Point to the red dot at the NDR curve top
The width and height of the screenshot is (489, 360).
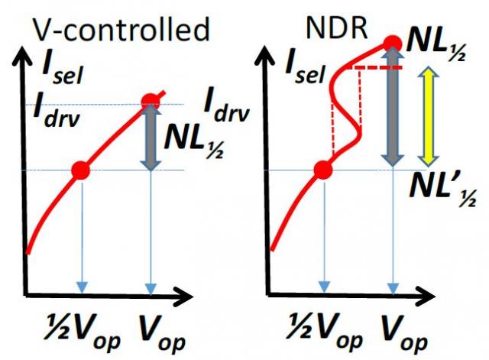[x=393, y=43]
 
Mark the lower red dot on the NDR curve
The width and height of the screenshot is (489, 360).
[x=323, y=170]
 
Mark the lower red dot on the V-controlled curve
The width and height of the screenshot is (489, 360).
[x=80, y=170]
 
